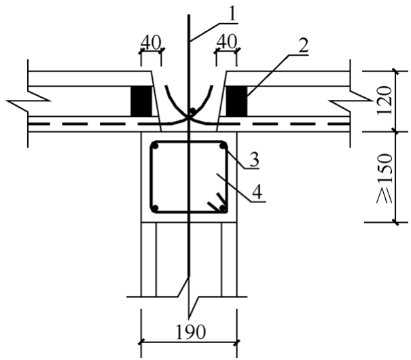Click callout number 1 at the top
(x=232, y=14)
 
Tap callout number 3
(x=253, y=160)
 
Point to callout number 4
(x=257, y=192)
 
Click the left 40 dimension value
(x=151, y=42)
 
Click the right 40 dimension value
(x=227, y=41)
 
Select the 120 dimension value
(x=385, y=100)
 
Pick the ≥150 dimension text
(x=385, y=179)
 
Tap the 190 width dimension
(x=190, y=331)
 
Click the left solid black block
(x=141, y=101)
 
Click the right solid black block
(x=236, y=101)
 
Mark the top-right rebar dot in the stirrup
(x=223, y=146)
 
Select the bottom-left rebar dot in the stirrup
(x=155, y=209)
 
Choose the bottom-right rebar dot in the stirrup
(x=223, y=209)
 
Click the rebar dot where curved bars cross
(x=193, y=111)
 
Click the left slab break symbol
(x=29, y=101)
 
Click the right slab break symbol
(x=350, y=101)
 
